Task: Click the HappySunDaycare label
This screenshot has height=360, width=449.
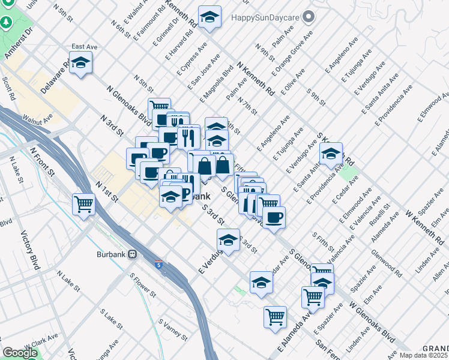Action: [265, 17]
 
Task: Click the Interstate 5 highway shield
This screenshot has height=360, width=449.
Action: [158, 265]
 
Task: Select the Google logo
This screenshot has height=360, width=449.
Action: [20, 353]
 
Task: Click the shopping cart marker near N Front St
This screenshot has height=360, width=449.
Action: [84, 205]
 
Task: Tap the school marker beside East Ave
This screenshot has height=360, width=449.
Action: [80, 62]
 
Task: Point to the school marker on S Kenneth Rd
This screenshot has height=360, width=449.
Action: [330, 154]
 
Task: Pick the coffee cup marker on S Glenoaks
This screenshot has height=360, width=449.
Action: [274, 217]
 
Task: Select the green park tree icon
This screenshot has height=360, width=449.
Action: [7, 22]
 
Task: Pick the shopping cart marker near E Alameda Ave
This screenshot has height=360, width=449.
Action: [275, 316]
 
